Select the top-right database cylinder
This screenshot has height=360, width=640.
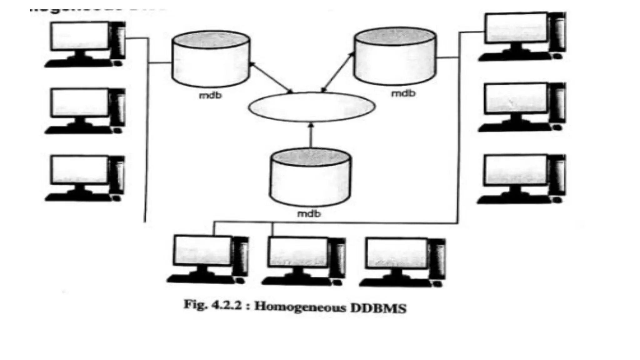tap(395, 56)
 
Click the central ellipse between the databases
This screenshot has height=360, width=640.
tap(312, 107)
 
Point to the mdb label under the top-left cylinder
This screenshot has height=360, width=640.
tap(210, 95)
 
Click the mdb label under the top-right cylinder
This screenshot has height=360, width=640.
tap(403, 93)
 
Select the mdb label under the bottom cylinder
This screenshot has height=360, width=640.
tap(309, 214)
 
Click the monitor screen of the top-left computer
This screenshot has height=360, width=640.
tap(80, 36)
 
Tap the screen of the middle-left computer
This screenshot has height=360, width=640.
tap(80, 102)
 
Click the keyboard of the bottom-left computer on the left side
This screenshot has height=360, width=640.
tap(78, 197)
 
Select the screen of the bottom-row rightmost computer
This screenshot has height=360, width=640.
tap(397, 253)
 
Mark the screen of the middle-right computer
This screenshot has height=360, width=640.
tap(516, 98)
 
